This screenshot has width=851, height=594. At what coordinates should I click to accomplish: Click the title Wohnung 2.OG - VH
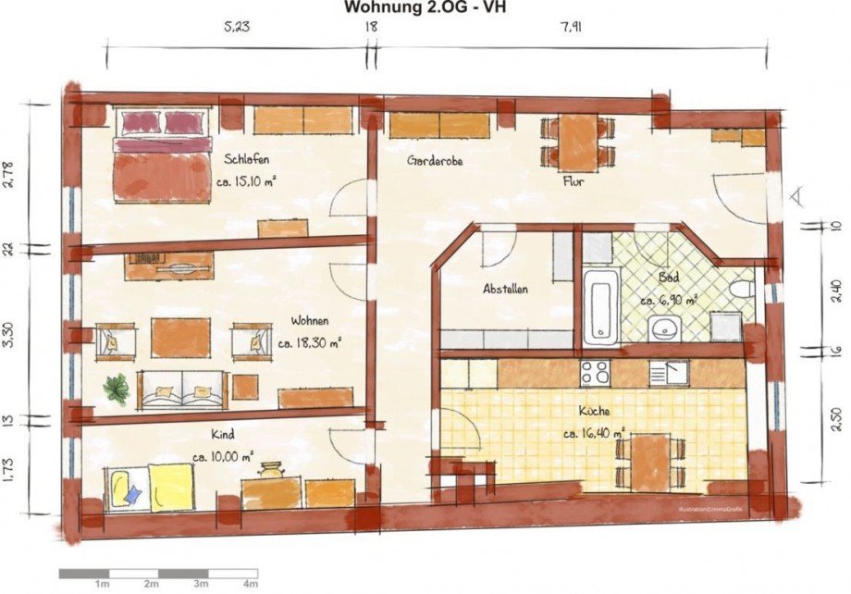(x=425, y=8)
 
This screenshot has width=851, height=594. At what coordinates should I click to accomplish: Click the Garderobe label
(x=435, y=160)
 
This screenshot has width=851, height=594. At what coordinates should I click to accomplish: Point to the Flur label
(x=573, y=181)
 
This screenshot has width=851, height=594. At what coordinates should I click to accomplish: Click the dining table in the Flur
(x=578, y=142)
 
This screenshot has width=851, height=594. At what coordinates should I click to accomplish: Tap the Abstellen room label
(x=506, y=289)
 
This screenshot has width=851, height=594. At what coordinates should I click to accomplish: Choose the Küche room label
(x=595, y=410)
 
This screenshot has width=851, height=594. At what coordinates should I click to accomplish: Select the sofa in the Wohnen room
(x=182, y=390)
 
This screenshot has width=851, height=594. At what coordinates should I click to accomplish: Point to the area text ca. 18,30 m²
(x=310, y=341)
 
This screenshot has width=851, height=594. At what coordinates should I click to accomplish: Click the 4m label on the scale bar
(x=250, y=585)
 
